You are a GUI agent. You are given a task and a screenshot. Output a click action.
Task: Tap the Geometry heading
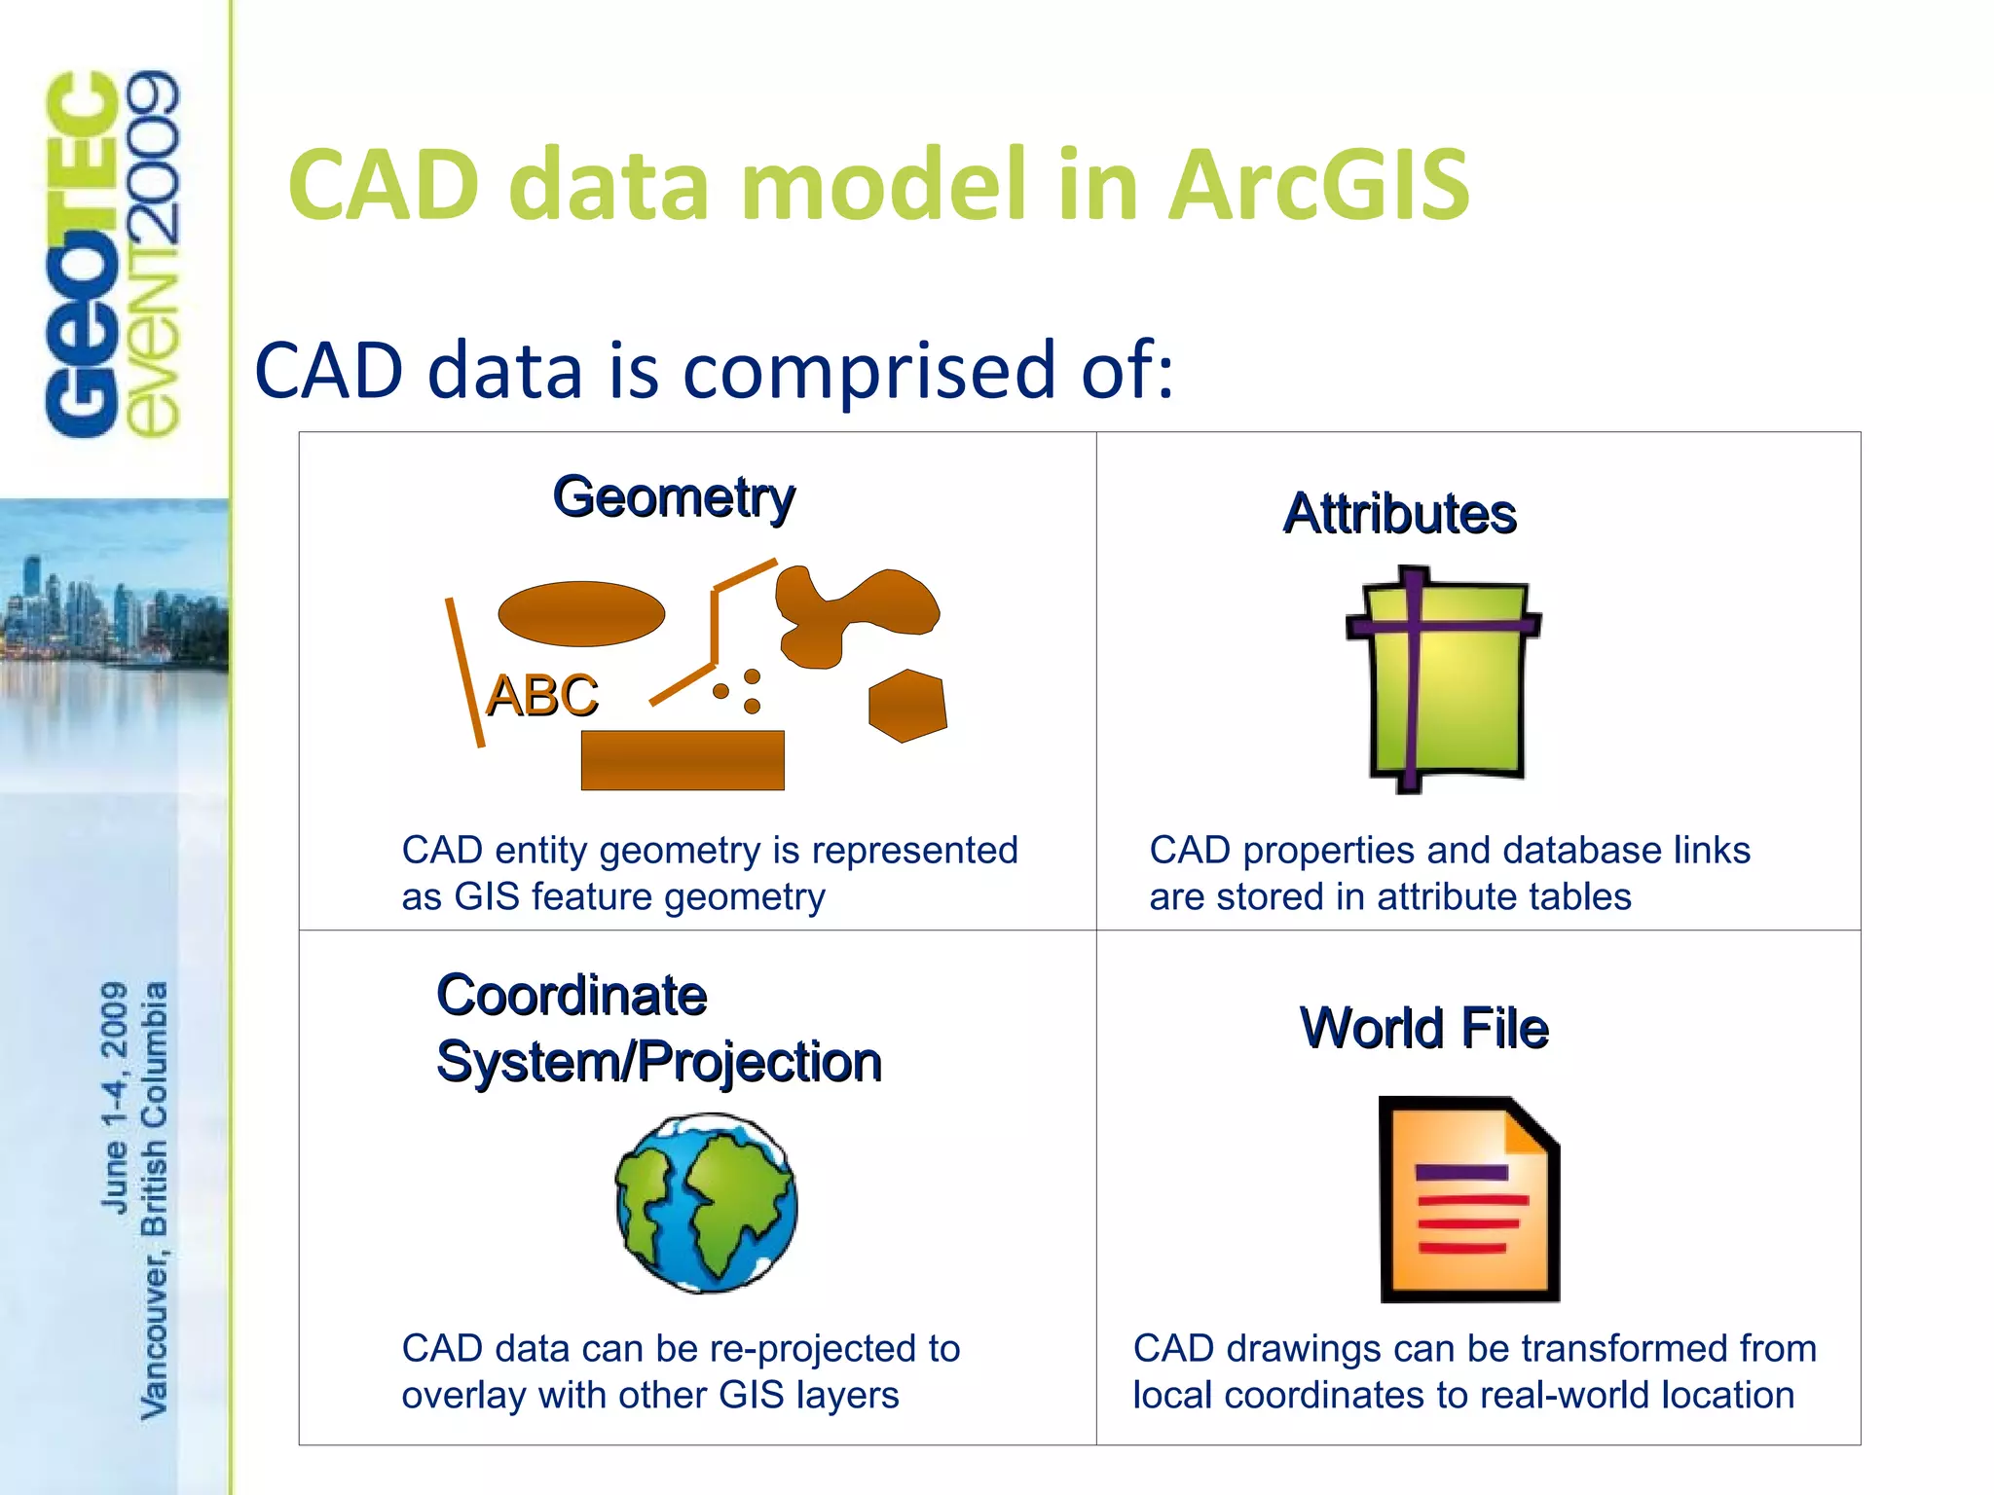click(674, 497)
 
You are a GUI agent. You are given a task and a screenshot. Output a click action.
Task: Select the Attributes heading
click(1399, 514)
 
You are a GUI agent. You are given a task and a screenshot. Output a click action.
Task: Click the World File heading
click(1423, 1028)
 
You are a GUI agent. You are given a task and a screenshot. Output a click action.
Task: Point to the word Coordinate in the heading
click(572, 996)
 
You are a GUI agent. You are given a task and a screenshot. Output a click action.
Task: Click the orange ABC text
click(542, 696)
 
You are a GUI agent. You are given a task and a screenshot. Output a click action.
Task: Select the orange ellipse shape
click(581, 614)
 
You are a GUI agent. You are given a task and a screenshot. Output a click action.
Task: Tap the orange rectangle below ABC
click(682, 760)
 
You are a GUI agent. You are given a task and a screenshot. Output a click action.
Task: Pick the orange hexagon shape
click(906, 706)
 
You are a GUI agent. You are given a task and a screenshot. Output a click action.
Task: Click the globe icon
click(707, 1203)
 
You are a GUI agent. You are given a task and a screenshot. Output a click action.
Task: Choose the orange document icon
click(1468, 1199)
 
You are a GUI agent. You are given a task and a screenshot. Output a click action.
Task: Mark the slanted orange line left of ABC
click(464, 672)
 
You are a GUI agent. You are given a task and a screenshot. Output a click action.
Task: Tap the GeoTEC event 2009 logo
click(112, 253)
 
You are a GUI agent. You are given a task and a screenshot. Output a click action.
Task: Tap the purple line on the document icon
click(1461, 1173)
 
